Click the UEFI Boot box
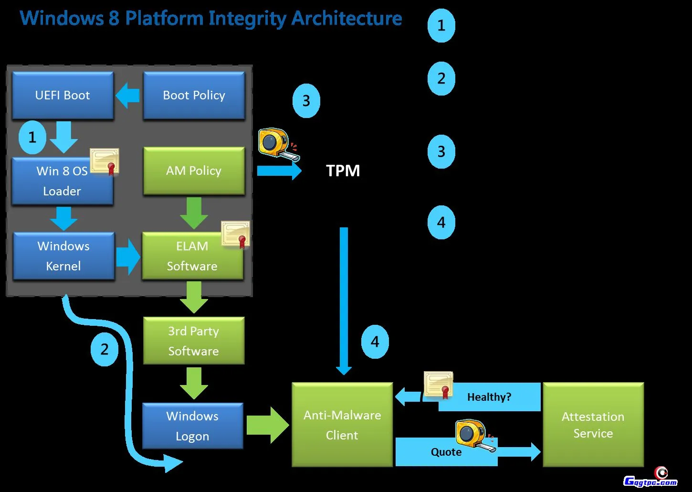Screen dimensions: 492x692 63,95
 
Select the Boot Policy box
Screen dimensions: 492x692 194,95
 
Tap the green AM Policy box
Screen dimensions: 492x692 194,171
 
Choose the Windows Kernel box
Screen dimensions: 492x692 63,256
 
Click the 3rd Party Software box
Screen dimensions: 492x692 193,341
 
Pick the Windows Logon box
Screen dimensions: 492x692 192,426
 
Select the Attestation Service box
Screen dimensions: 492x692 593,425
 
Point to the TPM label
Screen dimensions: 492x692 343,171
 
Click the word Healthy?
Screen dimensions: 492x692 489,397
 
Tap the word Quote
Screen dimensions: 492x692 446,452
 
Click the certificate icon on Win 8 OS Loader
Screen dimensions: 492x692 105,161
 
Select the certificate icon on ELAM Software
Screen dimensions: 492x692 236,234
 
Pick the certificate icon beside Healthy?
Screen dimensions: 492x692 439,385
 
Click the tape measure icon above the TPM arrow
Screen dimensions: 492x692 278,143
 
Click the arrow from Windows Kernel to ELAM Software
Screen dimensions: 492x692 128,257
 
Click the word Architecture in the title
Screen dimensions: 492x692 347,18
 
